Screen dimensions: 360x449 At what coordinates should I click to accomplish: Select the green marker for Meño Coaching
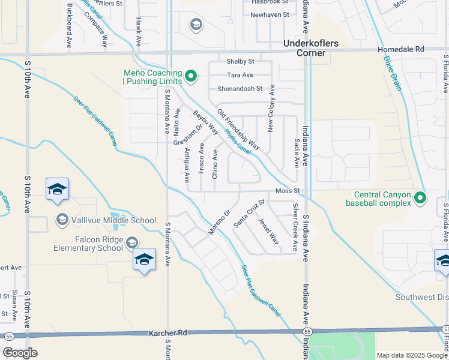(191, 76)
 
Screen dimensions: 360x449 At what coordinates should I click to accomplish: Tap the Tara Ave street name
(240, 75)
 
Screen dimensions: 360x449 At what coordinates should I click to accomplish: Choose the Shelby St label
(240, 61)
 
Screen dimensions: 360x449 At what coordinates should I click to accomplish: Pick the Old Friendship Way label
(238, 130)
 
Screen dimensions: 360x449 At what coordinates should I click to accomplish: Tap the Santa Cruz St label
(249, 214)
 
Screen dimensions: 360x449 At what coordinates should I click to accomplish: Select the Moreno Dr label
(220, 222)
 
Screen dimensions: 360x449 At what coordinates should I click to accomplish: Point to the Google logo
(20, 353)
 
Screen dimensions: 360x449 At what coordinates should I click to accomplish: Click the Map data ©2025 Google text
(412, 355)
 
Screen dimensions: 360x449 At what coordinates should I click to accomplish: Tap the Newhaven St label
(270, 14)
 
